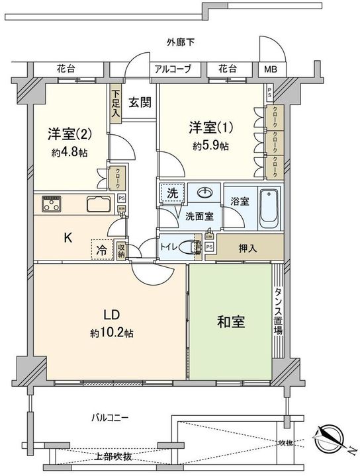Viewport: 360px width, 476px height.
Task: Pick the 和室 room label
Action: [231, 322]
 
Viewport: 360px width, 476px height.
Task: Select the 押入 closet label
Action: [248, 247]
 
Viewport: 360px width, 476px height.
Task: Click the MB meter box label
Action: [272, 69]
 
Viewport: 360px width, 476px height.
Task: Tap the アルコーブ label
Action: [173, 69]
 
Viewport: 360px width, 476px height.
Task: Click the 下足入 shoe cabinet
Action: [116, 104]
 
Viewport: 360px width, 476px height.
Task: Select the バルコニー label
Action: [111, 418]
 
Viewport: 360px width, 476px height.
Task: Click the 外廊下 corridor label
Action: [180, 43]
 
